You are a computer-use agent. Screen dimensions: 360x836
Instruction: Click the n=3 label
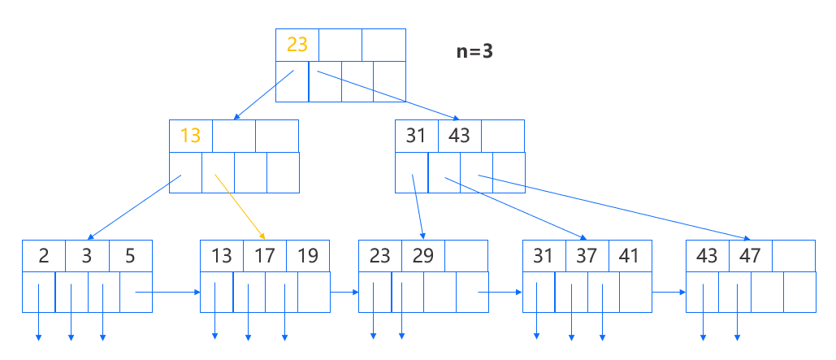tap(474, 51)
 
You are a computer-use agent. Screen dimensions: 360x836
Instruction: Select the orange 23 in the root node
tap(297, 44)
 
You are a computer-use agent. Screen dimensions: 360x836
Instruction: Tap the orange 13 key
tap(190, 136)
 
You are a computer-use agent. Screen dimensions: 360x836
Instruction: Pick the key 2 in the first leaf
tap(44, 256)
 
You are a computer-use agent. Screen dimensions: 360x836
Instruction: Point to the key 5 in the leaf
tap(130, 256)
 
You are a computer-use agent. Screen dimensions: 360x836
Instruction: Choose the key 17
tap(265, 256)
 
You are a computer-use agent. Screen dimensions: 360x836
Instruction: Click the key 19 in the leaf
tap(307, 256)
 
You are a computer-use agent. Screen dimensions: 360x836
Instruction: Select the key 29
tap(422, 256)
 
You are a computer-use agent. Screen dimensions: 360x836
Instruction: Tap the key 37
tap(587, 256)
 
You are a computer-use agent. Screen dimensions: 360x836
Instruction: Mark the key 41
tap(630, 256)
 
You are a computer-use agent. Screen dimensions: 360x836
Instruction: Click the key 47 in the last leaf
tap(750, 256)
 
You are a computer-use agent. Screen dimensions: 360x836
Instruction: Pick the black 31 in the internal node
tap(416, 136)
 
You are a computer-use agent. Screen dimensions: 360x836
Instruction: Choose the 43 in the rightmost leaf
tap(708, 256)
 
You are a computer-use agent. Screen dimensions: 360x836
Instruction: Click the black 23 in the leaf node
tap(380, 256)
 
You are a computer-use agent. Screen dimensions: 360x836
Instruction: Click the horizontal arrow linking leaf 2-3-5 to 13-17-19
tap(167, 291)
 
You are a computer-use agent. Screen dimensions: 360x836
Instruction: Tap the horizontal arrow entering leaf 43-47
tap(669, 291)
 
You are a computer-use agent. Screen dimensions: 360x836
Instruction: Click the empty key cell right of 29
tap(466, 256)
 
